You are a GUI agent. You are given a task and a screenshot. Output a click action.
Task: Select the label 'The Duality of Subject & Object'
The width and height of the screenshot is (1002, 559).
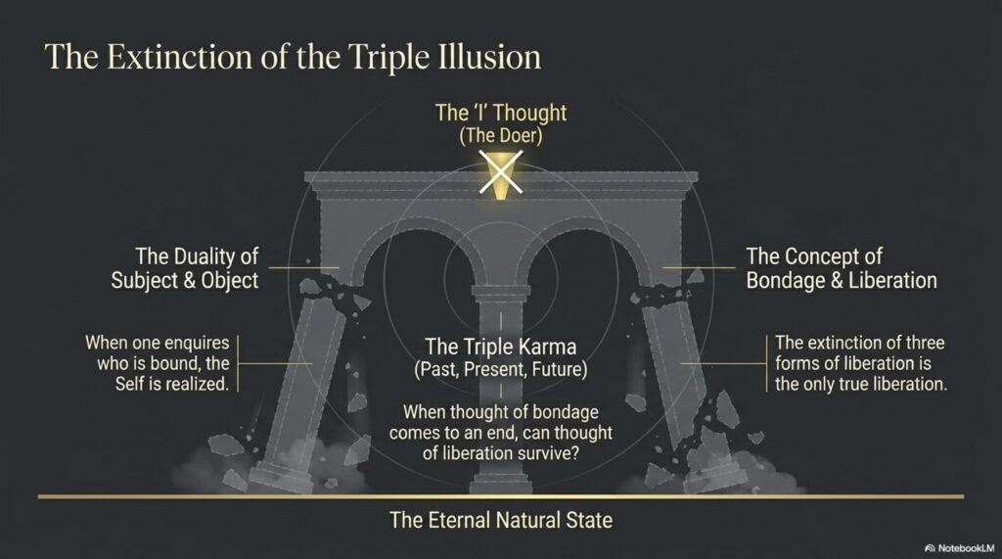197,268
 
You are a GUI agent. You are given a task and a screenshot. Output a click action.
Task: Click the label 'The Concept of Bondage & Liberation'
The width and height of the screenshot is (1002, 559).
841,268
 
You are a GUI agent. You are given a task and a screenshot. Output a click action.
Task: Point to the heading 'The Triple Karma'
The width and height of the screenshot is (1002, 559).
500,347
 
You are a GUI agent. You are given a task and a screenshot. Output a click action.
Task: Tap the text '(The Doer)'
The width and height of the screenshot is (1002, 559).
500,136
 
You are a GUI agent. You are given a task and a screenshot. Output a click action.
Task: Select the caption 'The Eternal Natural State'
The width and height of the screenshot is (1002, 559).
500,520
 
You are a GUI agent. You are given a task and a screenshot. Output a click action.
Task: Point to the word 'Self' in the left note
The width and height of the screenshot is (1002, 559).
136,386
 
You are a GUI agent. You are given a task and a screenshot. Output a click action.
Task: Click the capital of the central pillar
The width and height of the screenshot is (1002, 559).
500,291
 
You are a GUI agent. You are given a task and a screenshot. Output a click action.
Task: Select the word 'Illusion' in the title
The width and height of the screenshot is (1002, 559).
489,56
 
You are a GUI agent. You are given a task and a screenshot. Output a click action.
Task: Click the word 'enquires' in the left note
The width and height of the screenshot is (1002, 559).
196,343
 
